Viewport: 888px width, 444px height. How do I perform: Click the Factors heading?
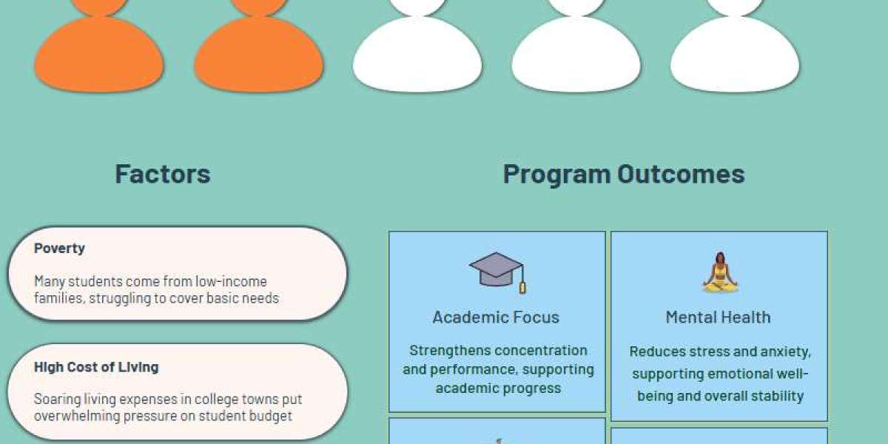point(163,174)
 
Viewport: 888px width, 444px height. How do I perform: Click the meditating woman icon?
point(719,272)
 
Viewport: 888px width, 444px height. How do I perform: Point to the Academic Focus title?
point(496,317)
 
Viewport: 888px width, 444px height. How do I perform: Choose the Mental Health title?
point(718,317)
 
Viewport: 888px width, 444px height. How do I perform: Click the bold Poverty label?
point(59,249)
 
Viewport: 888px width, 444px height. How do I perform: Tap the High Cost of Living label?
point(96,367)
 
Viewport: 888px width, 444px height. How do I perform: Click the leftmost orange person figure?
point(99,52)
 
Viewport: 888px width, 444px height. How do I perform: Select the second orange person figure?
point(258,52)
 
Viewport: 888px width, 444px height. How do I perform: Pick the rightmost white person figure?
point(735,52)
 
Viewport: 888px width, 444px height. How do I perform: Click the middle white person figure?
point(576,52)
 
